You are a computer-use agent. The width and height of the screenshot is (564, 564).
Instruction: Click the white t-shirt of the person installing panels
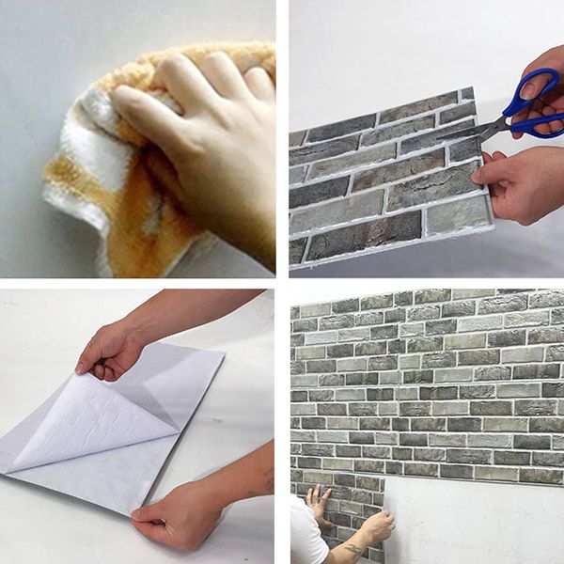[306, 536]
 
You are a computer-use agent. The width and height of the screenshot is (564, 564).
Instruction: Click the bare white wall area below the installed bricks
[470, 526]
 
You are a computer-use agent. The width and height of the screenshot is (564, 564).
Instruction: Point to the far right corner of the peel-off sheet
[224, 354]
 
